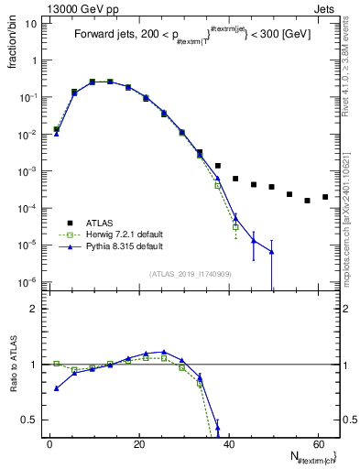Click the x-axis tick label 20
coord(139,444)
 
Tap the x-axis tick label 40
coord(228,444)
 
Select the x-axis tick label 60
coord(318,444)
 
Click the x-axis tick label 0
coord(49,444)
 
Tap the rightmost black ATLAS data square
coord(325,197)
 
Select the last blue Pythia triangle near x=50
coord(271,251)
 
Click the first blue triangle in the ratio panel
coord(57,388)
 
